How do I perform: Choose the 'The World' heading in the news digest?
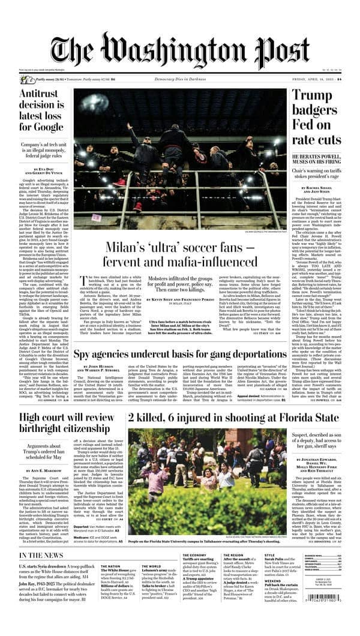click(151, 566)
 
